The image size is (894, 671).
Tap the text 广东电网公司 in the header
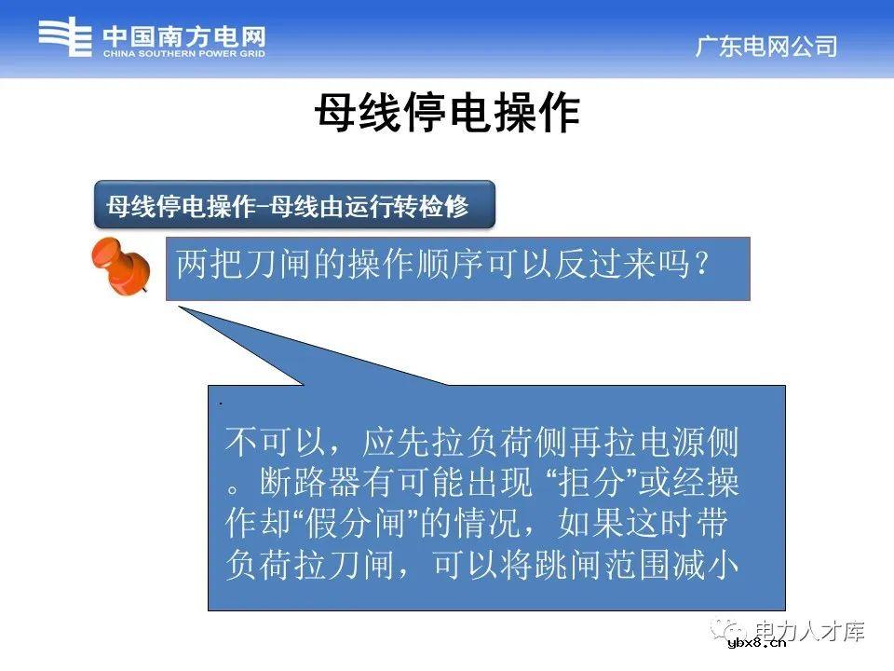[x=766, y=47]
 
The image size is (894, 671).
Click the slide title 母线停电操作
[x=447, y=114]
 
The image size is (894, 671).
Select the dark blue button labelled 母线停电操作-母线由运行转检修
[x=294, y=206]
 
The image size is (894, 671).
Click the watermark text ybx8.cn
[x=757, y=643]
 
